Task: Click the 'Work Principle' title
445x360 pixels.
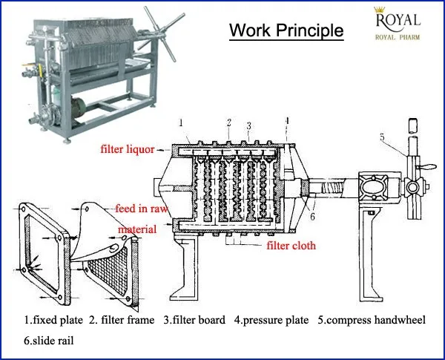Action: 286,30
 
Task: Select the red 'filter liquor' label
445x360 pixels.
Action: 128,149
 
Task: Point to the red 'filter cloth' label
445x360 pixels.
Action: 291,246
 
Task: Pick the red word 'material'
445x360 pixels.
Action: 136,230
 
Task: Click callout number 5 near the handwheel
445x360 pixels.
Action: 382,137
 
